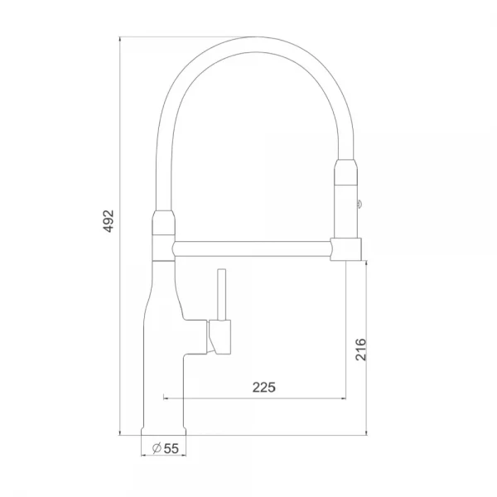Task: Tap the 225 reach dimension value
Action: pyautogui.click(x=263, y=387)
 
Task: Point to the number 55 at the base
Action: pyautogui.click(x=171, y=448)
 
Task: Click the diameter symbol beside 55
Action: pyautogui.click(x=156, y=448)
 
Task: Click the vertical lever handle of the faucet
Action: pyautogui.click(x=221, y=294)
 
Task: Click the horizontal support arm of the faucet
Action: pyautogui.click(x=253, y=247)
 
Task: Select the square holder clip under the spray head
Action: pyautogui.click(x=345, y=247)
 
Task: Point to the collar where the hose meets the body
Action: pyautogui.click(x=163, y=223)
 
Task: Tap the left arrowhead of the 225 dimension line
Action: pyautogui.click(x=166, y=397)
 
